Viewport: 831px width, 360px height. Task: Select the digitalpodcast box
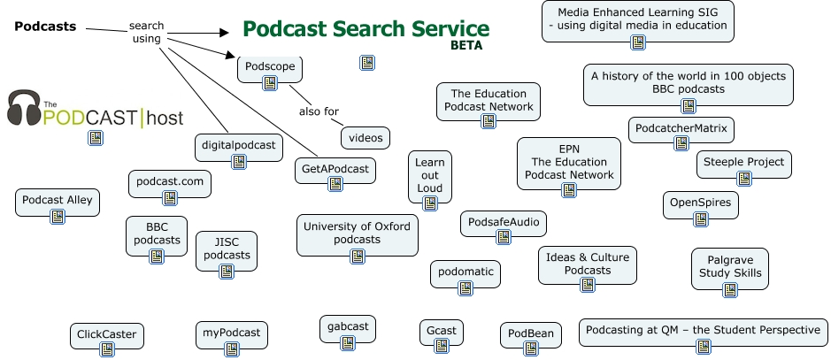236,145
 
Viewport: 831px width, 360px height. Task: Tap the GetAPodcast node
335,169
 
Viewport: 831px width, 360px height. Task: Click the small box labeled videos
365,138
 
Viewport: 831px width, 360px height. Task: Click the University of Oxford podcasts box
357,234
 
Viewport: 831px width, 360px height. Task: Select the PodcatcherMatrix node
681,129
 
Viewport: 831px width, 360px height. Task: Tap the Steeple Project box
743,163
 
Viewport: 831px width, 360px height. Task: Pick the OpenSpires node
700,203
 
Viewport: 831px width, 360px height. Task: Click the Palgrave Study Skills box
729,267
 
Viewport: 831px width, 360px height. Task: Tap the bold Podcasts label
45,27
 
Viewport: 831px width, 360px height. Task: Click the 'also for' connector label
319,111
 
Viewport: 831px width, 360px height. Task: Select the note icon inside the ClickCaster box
106,350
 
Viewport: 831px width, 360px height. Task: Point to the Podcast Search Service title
365,28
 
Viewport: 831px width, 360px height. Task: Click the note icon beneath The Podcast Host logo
95,138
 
